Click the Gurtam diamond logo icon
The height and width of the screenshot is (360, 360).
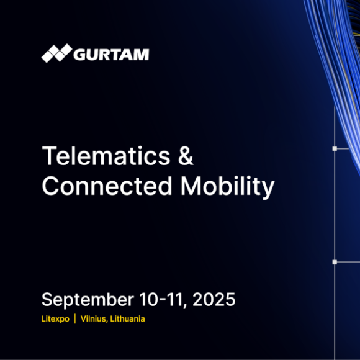pos(56,53)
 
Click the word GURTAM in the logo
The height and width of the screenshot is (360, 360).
pos(111,55)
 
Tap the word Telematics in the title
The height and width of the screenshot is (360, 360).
pos(106,156)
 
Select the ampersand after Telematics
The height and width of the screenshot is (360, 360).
pos(186,156)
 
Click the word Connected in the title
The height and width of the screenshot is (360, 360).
pos(107,186)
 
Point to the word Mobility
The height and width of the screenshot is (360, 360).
pos(228,187)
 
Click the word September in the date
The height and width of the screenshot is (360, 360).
pos(88,300)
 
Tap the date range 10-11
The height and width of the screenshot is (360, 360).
pos(161,299)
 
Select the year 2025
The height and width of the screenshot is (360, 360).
pos(214,299)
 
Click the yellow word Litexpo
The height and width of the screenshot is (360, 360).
pos(55,319)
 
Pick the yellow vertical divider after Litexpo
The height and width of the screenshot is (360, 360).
pos(75,318)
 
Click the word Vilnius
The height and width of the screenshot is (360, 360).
pos(94,318)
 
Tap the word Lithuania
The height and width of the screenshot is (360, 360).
pos(127,318)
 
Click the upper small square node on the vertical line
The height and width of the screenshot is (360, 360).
pos(335,149)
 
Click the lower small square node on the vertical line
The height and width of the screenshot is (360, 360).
pos(335,262)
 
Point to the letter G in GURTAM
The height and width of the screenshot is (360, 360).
pos(79,55)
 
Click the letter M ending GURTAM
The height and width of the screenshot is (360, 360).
pos(142,55)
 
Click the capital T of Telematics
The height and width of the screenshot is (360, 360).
pos(49,156)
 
